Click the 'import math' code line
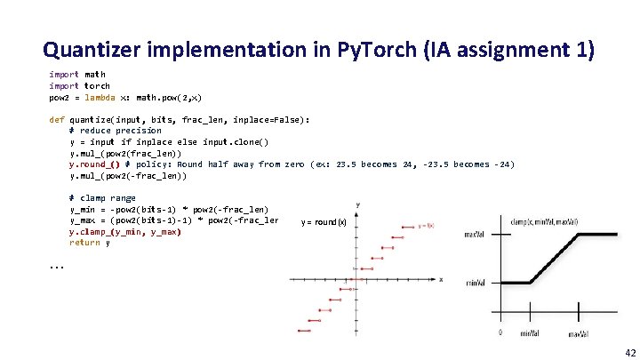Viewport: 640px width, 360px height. [x=76, y=75]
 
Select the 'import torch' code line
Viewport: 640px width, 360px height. [x=79, y=86]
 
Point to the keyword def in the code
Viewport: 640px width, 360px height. [x=56, y=119]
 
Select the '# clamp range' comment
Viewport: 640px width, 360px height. [x=102, y=197]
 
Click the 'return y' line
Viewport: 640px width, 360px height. [x=90, y=243]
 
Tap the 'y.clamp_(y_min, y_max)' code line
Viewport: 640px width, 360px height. [x=124, y=231]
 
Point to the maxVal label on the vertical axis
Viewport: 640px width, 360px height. [x=476, y=235]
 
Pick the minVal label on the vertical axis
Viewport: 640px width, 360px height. [x=476, y=283]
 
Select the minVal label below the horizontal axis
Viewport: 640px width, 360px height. [x=530, y=333]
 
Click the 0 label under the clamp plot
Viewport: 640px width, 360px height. [x=500, y=333]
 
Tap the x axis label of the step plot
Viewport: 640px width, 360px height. [x=441, y=279]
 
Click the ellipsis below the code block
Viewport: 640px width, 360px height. [x=57, y=266]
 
